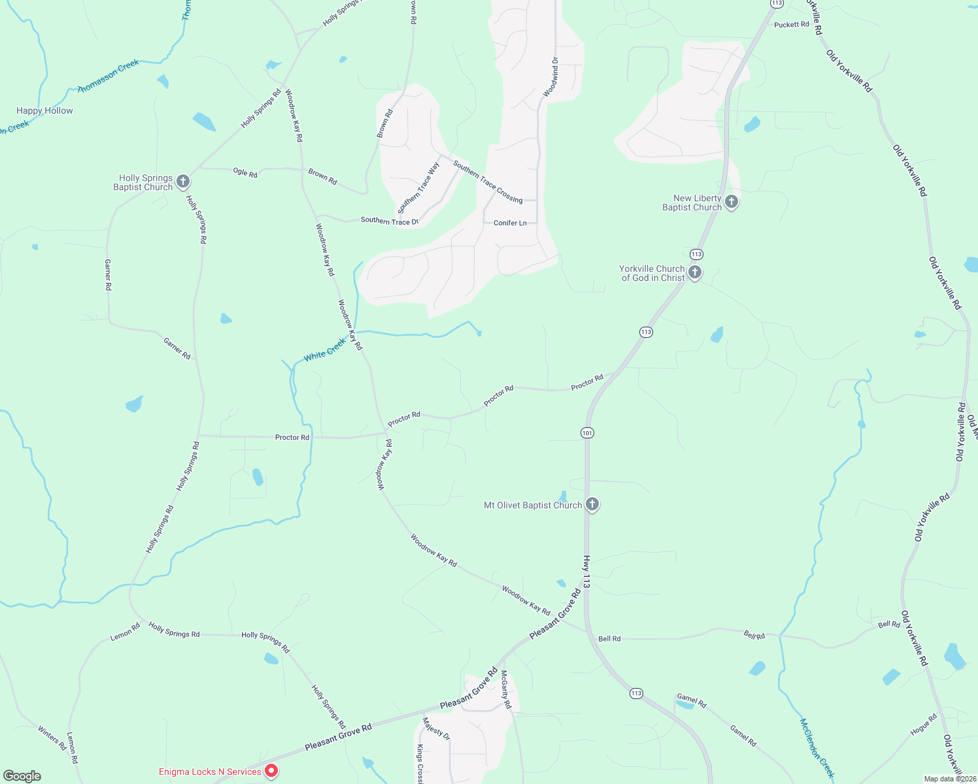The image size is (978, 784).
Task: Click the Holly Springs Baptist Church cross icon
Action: click(183, 181)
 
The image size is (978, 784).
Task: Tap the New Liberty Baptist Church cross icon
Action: click(732, 202)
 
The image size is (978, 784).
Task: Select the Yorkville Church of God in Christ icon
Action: click(695, 272)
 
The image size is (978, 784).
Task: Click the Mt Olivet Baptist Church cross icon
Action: click(592, 504)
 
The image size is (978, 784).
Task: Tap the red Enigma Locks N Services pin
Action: click(271, 771)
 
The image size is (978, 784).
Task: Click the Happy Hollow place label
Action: click(44, 110)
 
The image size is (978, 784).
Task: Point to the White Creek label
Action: click(325, 350)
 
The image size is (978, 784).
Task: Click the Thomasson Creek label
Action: click(109, 76)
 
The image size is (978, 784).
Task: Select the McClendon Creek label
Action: click(817, 748)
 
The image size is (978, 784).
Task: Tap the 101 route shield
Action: click(587, 433)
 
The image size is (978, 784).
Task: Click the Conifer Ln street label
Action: click(510, 223)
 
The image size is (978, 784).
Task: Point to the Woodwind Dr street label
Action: click(551, 77)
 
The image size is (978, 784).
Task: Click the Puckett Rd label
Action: click(791, 25)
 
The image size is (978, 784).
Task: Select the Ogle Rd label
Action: click(245, 172)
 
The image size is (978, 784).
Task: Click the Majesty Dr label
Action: click(436, 728)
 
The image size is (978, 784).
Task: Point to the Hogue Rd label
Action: click(923, 724)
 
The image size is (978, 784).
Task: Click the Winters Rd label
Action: click(52, 738)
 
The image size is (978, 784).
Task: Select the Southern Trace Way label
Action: click(419, 188)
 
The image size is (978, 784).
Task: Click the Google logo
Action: click(22, 776)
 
